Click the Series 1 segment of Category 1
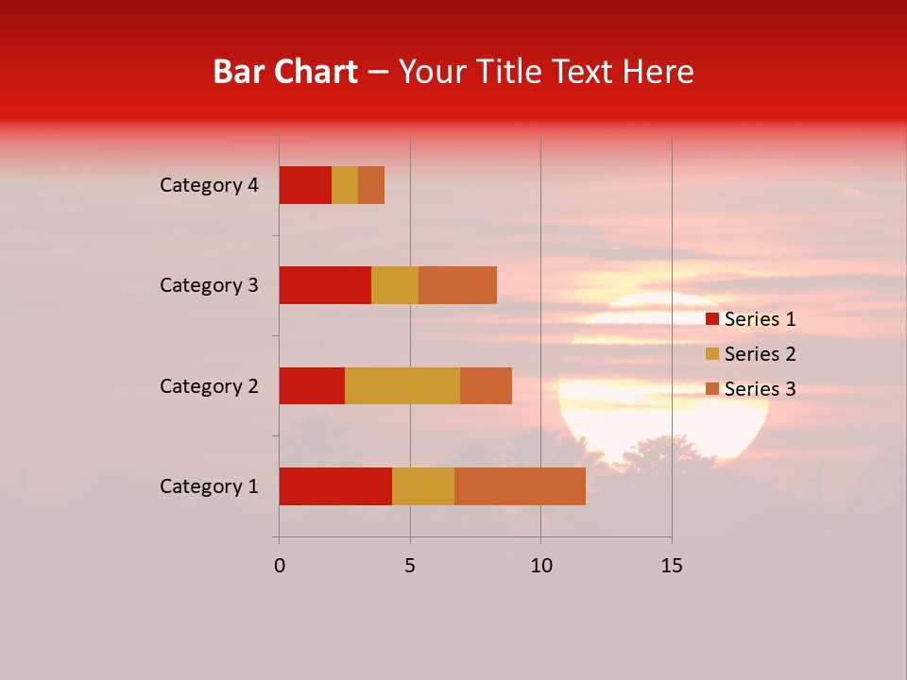click(x=335, y=485)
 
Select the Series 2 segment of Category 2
click(x=402, y=385)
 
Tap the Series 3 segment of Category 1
click(x=520, y=485)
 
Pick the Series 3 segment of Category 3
click(x=457, y=285)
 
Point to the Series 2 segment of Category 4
click(x=345, y=185)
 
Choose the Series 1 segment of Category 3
click(x=325, y=285)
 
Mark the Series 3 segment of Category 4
click(x=371, y=185)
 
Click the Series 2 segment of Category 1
click(x=423, y=485)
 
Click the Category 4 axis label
click(x=209, y=185)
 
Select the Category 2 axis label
click(x=209, y=385)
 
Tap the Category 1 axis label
click(x=209, y=486)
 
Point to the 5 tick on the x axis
click(x=410, y=566)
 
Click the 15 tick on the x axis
click(x=672, y=566)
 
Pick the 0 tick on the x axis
click(x=280, y=566)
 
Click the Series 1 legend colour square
click(x=712, y=319)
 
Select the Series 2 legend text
click(x=760, y=354)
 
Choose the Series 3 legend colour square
click(x=712, y=389)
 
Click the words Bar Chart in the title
click(x=285, y=71)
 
